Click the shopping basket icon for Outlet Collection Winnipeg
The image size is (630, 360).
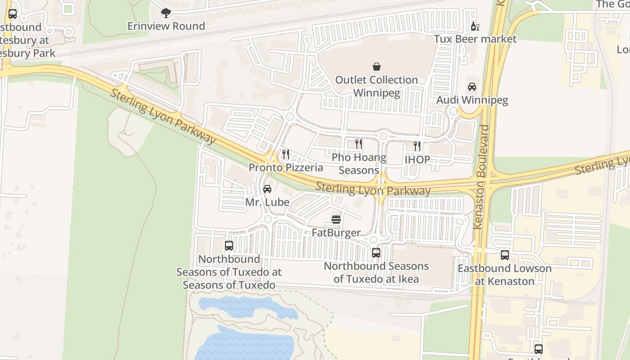377,67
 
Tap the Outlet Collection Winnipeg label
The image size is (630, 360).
377,86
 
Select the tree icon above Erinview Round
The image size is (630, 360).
166,13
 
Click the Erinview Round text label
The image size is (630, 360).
166,26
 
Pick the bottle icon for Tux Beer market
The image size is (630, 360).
475,26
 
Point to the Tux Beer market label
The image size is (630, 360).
475,39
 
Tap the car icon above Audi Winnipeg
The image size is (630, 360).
472,87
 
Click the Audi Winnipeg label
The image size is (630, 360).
472,100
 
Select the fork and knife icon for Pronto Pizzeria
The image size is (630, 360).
286,154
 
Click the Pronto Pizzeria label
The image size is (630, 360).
286,168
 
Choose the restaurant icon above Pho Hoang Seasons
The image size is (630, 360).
359,144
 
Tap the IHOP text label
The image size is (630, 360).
417,159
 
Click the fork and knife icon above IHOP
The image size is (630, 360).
417,146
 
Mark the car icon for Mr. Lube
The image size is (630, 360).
267,189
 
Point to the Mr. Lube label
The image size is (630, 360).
267,202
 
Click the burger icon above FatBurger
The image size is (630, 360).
336,220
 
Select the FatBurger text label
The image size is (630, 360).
336,233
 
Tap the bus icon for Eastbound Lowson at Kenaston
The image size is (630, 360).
504,255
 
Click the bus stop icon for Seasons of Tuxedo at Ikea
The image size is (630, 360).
376,253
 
